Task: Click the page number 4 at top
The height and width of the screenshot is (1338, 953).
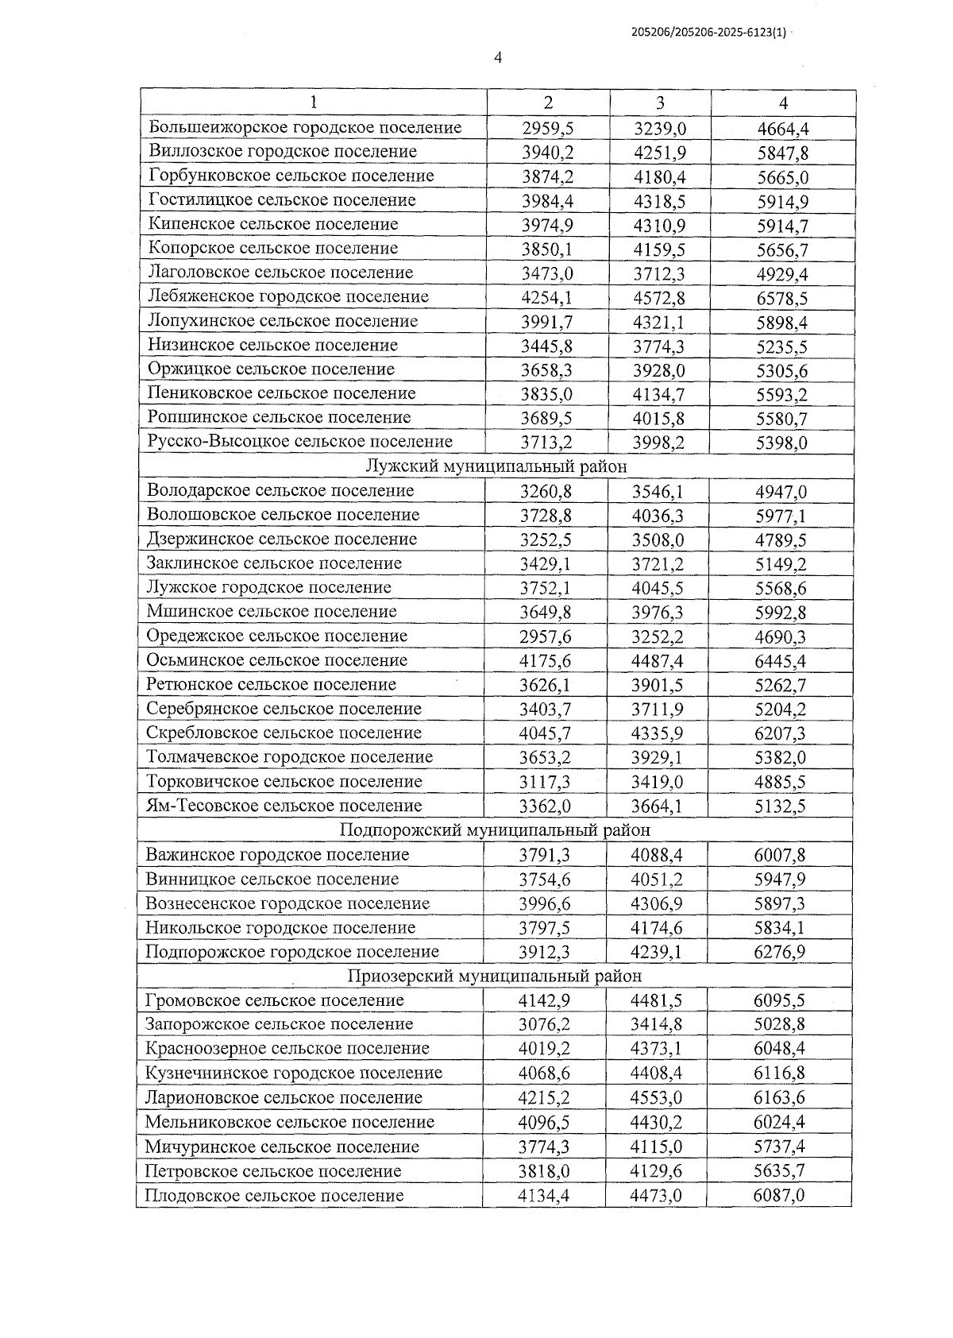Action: point(498,58)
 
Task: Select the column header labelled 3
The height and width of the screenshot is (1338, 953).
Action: point(660,102)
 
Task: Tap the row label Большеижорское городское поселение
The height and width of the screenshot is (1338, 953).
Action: point(305,128)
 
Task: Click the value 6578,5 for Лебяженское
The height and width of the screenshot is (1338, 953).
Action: point(782,298)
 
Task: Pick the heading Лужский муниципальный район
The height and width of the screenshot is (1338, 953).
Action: point(496,466)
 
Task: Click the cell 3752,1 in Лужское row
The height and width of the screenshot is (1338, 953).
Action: point(546,589)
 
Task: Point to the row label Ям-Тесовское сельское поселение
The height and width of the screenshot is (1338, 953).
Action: point(284,806)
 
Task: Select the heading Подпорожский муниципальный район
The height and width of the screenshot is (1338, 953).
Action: point(495,830)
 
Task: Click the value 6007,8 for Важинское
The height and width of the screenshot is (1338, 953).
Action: point(780,856)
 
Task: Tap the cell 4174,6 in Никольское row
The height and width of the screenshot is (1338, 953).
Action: point(657,928)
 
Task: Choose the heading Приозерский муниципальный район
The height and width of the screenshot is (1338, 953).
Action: point(495,976)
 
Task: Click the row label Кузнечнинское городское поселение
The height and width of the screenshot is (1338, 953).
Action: point(294,1073)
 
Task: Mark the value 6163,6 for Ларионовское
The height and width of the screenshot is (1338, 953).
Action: point(779,1098)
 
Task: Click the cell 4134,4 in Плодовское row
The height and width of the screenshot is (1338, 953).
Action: point(544,1196)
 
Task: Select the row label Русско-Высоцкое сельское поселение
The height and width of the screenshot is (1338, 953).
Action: point(300,442)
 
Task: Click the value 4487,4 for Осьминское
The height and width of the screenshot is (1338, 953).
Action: point(658,661)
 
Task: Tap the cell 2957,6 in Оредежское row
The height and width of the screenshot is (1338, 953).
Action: point(546,637)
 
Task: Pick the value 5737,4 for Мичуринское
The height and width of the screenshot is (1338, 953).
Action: point(779,1147)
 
